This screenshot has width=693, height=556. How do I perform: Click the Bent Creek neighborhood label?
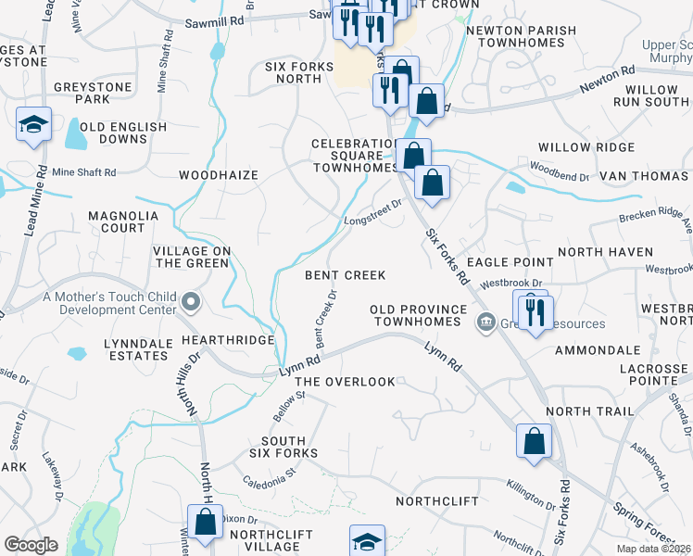tap(346, 275)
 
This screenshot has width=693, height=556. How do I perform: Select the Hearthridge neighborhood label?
tap(228, 340)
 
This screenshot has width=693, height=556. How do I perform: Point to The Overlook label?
tap(345, 382)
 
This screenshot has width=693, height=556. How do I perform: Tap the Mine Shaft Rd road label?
tap(83, 172)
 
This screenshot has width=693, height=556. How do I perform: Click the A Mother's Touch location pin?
tap(192, 301)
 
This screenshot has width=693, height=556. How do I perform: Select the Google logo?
tap(31, 545)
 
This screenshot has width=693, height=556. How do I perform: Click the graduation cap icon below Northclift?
tap(367, 541)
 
